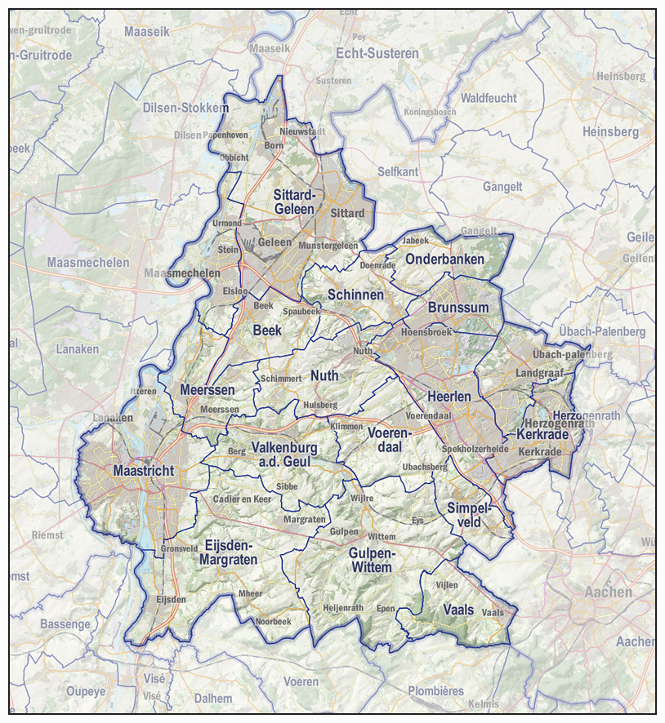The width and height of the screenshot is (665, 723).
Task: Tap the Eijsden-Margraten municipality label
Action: coord(230,552)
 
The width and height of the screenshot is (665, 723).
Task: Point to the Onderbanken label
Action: coord(444,259)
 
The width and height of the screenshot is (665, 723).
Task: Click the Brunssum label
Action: coord(457,308)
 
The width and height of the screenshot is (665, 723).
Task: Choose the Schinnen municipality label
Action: coord(355,294)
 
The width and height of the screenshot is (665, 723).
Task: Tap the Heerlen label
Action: coord(449,396)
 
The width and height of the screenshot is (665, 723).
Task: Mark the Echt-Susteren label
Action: coord(377,53)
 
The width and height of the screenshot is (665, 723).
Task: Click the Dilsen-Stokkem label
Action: coord(185,108)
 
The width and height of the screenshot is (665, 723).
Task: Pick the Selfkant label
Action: coord(398,171)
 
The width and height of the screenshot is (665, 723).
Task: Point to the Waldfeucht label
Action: coord(489,98)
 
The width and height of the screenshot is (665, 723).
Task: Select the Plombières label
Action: coord(435,690)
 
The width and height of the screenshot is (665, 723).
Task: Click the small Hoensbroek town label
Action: coord(426,332)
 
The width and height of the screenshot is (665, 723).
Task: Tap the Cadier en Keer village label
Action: coord(241,499)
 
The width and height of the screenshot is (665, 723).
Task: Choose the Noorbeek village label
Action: coord(273,621)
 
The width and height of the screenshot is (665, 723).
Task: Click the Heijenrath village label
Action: coord(343,608)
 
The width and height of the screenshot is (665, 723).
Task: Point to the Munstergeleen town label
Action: coord(328,245)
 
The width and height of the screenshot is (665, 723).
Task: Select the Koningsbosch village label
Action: coord(430,112)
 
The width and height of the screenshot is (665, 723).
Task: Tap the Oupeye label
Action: coord(86,691)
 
